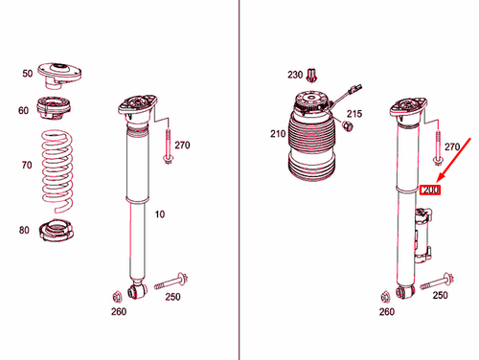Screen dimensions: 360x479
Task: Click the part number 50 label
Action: click(x=27, y=73)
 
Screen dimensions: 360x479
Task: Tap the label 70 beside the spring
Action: click(x=27, y=165)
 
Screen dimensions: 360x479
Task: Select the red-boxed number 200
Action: click(x=430, y=191)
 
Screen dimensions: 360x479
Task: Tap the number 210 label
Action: click(x=279, y=133)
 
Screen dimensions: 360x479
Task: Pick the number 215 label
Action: click(x=354, y=115)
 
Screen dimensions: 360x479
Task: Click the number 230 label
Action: click(x=294, y=74)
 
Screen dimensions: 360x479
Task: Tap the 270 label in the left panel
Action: click(x=183, y=146)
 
